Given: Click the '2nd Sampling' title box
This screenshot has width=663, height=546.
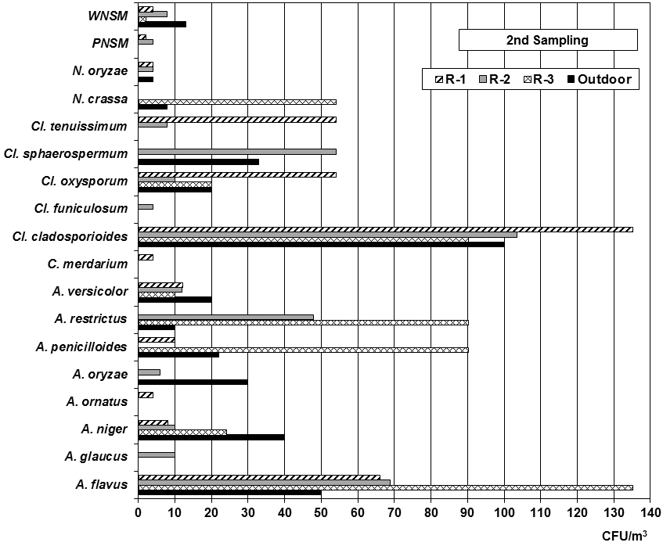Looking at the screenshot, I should [548, 40].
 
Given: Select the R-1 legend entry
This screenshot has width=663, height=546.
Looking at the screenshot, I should [446, 79].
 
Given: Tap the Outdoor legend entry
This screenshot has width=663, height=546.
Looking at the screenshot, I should [599, 79].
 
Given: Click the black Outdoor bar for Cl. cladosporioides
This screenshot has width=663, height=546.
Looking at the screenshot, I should [321, 244].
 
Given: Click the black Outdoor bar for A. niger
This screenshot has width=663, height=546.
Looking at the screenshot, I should [211, 437].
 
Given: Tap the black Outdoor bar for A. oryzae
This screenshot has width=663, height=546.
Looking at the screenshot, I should [193, 382].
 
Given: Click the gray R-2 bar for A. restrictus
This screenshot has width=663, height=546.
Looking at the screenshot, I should [225, 317].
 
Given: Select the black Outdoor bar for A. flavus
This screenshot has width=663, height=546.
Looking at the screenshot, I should [229, 493].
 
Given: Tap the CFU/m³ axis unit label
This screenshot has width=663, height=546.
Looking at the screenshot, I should [625, 536].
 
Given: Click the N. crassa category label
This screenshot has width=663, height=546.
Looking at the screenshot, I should [103, 98].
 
